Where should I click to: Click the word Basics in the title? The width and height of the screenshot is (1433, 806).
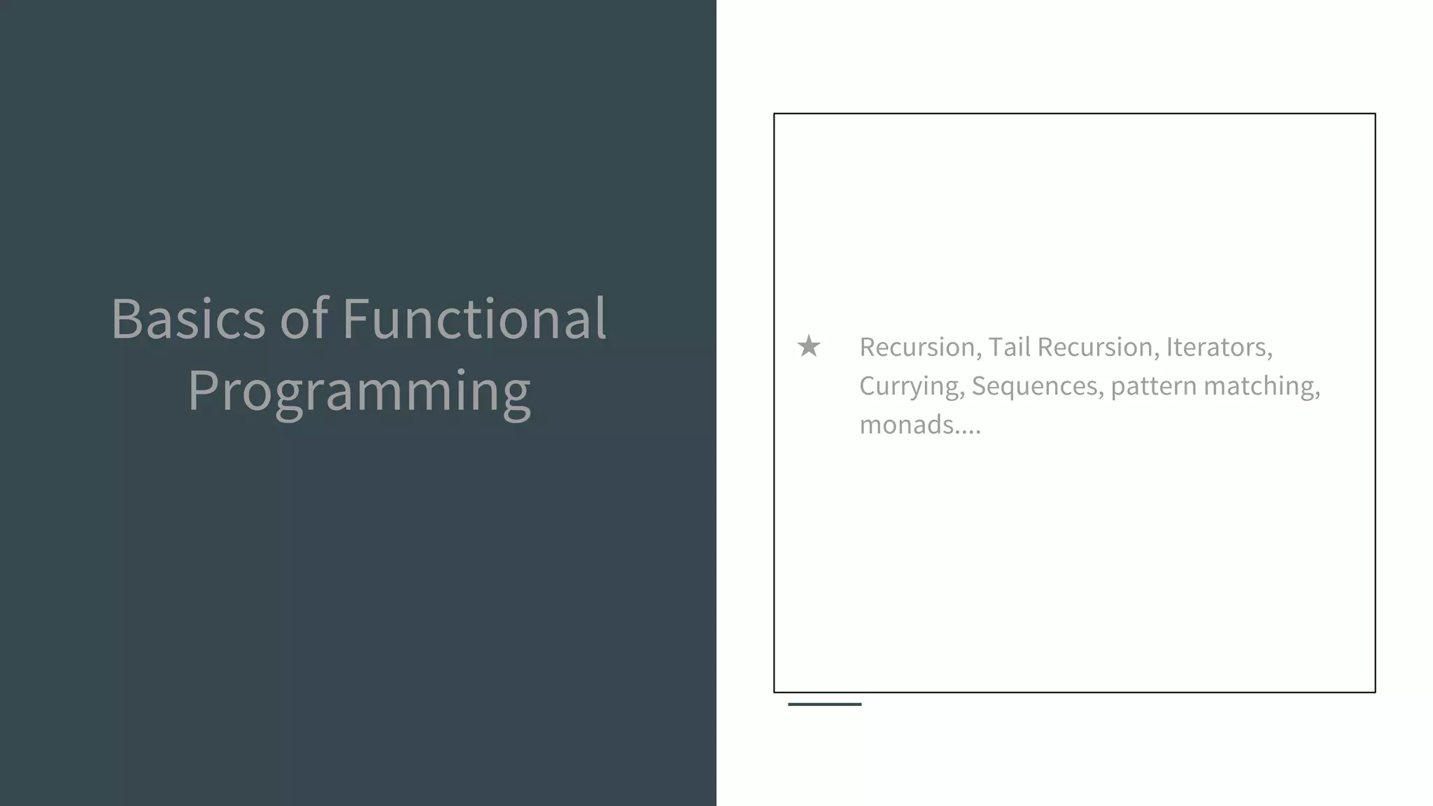pyautogui.click(x=188, y=319)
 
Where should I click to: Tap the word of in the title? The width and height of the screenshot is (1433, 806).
pyautogui.click(x=304, y=319)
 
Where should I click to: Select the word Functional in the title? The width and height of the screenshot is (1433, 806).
pyautogui.click(x=474, y=319)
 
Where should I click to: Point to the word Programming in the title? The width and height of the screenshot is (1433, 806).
pyautogui.click(x=359, y=392)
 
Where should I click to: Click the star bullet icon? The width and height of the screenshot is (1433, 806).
pyautogui.click(x=809, y=346)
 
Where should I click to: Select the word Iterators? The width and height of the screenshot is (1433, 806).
pyautogui.click(x=1218, y=347)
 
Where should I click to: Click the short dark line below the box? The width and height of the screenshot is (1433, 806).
pyautogui.click(x=824, y=704)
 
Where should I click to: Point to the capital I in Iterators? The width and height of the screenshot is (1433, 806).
pyautogui.click(x=1169, y=347)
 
